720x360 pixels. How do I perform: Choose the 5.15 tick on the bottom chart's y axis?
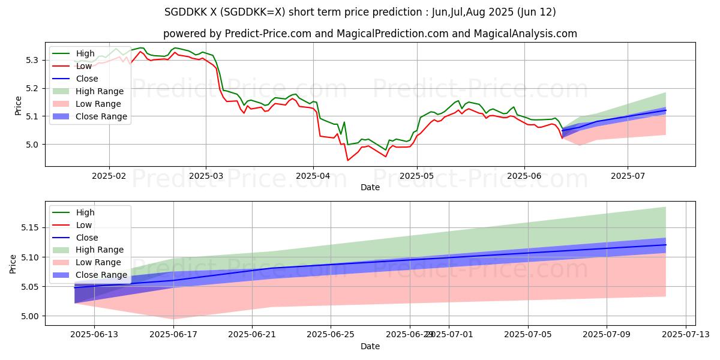[28, 228]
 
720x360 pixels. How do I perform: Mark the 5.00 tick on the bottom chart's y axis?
[28, 316]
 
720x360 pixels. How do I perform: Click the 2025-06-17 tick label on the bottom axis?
[173, 335]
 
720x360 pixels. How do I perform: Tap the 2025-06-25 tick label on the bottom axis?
[331, 335]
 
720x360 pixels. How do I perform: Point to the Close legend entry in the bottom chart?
[86, 238]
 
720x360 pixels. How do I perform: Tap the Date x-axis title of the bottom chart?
[370, 346]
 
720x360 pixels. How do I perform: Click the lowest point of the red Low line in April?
[347, 160]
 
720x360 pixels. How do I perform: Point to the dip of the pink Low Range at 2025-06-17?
[173, 319]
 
